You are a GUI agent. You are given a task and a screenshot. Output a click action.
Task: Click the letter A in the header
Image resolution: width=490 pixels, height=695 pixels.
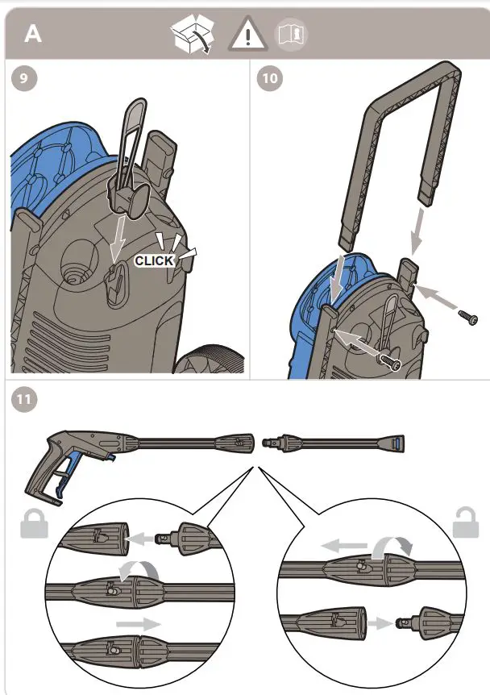click(33, 34)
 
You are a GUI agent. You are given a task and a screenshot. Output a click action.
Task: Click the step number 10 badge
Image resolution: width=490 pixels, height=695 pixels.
click(268, 79)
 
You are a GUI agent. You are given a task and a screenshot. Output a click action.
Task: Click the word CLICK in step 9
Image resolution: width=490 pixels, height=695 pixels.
click(154, 260)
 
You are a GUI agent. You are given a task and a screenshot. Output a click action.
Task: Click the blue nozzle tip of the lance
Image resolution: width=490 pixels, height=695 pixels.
click(398, 443)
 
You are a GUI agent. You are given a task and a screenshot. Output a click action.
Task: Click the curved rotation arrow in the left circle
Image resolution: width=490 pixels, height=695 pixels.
click(130, 572)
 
